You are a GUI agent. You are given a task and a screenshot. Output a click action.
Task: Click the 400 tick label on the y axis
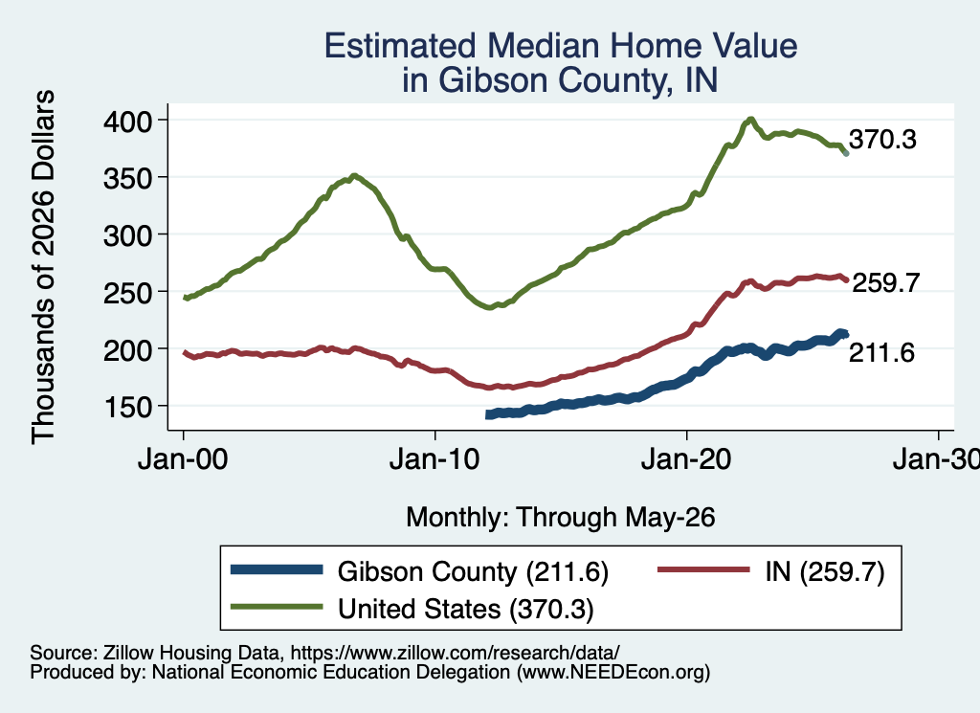tap(127, 121)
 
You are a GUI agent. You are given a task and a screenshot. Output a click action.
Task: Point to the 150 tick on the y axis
tap(127, 407)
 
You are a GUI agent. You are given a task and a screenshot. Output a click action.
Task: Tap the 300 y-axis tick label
tap(127, 235)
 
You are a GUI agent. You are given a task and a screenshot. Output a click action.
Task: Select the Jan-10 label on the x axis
tap(434, 460)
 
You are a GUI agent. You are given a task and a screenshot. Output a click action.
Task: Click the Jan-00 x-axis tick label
tap(183, 460)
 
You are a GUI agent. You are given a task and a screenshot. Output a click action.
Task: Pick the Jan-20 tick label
tap(686, 460)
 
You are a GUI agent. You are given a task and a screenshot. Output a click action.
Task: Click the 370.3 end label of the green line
tap(882, 140)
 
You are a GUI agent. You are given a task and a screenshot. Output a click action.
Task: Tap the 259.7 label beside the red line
tap(885, 283)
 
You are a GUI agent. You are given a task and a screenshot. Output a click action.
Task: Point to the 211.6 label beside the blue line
tap(881, 353)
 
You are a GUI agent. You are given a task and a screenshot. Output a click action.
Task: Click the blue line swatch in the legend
tap(277, 569)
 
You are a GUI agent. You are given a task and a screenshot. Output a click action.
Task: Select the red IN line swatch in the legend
tap(703, 569)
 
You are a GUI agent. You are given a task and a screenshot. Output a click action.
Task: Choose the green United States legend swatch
tap(277, 607)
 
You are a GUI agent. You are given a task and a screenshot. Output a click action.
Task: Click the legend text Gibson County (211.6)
tap(473, 571)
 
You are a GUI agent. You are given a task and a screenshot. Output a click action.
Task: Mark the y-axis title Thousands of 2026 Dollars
tap(43, 267)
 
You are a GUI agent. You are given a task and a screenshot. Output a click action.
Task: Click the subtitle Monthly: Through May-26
tap(561, 518)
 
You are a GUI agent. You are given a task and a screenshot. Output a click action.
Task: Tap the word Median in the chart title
tap(544, 46)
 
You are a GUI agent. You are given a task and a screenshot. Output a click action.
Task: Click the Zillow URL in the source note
tap(455, 653)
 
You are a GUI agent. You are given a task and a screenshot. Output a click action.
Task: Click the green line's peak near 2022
tap(751, 119)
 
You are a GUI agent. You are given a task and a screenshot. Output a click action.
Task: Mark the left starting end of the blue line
tap(488, 414)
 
